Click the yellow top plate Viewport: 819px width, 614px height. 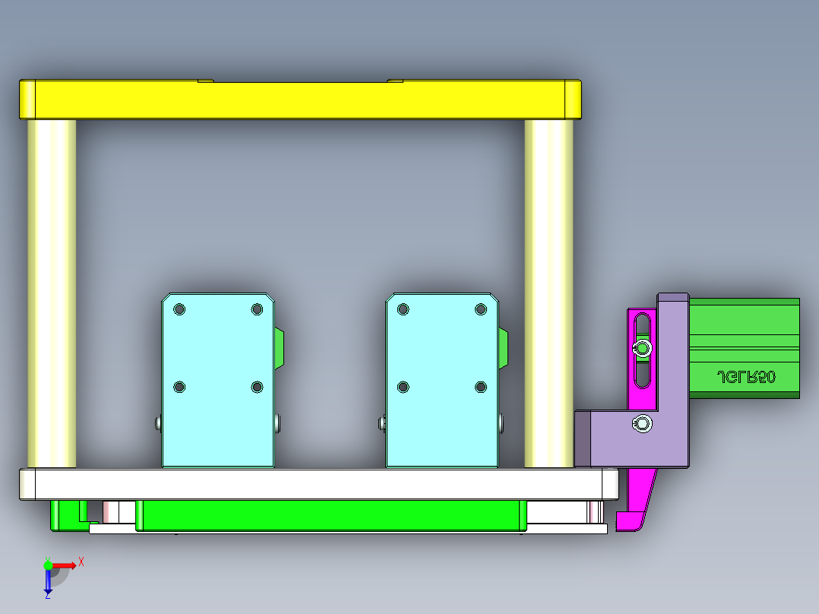click(300, 100)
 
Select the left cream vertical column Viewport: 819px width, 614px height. click(52, 293)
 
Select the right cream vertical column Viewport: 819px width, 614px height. click(549, 293)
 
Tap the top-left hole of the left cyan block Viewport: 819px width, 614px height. click(179, 309)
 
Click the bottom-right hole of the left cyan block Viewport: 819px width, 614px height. click(257, 388)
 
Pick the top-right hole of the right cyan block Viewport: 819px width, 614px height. click(481, 309)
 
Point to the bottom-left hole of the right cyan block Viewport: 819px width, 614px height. click(403, 388)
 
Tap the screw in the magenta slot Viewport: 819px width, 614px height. click(643, 349)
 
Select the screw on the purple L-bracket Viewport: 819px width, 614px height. click(643, 424)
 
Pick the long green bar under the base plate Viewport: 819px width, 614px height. click(330, 515)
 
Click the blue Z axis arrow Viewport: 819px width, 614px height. click(48, 581)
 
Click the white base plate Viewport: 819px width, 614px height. click(319, 484)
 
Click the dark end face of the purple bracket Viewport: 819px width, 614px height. click(583, 438)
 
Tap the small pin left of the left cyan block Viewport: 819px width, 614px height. click(157, 422)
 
